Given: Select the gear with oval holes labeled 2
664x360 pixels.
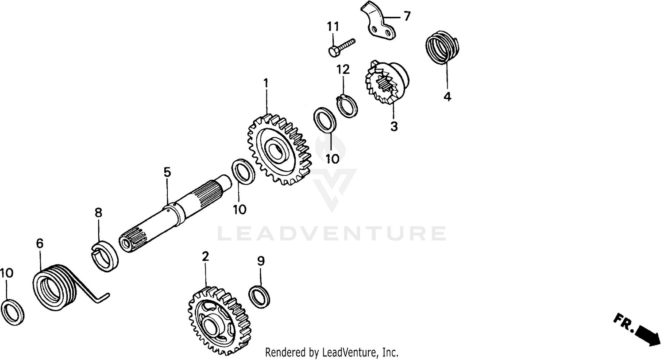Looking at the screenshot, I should click(x=217, y=321).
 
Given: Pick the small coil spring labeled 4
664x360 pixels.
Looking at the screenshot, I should click(x=443, y=47).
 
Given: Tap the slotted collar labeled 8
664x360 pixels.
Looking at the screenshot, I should click(x=105, y=256).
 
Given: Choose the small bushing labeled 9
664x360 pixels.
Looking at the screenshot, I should click(x=260, y=297).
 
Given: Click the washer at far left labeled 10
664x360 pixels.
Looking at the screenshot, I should click(x=12, y=312).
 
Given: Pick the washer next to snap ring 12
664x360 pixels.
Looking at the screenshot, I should click(x=324, y=119).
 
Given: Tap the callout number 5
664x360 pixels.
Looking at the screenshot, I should click(x=167, y=172).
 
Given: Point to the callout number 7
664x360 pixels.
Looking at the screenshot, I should click(x=406, y=17).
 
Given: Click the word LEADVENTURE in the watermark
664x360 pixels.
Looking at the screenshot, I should click(x=332, y=233).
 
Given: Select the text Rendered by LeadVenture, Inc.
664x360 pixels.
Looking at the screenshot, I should click(x=332, y=352).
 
